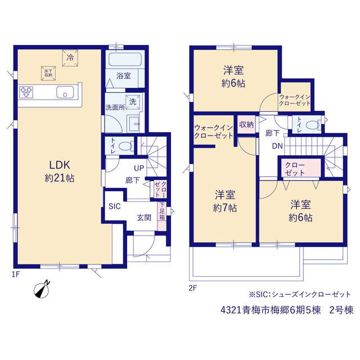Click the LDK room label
pos(60,165)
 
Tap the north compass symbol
pos(42,290)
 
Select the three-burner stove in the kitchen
pos(26,92)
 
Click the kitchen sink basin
pos(65,92)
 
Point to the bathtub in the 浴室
pos(125,60)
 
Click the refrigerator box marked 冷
pos(70,58)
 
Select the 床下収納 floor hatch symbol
pos(48,73)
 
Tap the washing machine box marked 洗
pos(133,102)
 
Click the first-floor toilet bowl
pos(125,146)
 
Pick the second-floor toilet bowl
pos(313,125)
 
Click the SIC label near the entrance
pos(115,206)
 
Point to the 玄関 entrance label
pos(144,218)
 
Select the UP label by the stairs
pos(139,168)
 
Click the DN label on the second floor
pos(277,146)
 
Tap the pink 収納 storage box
pos(246,124)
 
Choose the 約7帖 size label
pos(225,208)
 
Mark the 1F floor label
pos(16,274)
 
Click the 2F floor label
pos(193,288)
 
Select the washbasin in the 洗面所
pos(134,124)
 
